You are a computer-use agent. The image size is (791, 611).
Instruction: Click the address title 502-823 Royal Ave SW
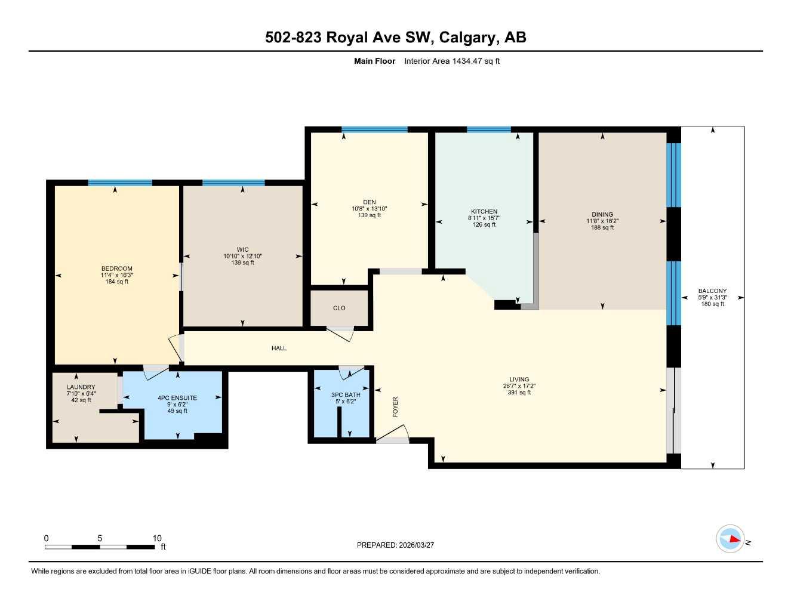[395, 38]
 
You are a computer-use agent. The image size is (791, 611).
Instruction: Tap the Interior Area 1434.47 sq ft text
[451, 61]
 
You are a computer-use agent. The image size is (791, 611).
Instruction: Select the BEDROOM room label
[117, 269]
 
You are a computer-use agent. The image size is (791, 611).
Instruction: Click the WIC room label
[242, 250]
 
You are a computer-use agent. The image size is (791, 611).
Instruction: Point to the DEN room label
[370, 202]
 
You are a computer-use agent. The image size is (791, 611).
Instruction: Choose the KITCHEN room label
[484, 212]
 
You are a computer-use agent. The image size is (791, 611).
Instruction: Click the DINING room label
[602, 215]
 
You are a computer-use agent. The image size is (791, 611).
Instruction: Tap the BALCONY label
[712, 291]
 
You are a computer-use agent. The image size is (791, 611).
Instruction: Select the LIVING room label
[519, 379]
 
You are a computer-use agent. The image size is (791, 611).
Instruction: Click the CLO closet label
[339, 308]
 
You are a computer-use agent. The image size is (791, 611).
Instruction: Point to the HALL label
[279, 348]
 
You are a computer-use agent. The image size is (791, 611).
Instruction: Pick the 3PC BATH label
[346, 395]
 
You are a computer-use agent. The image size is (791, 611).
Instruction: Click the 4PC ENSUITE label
[177, 398]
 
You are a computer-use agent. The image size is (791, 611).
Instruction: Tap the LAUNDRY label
[81, 387]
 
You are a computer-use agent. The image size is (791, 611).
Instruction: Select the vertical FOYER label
[395, 407]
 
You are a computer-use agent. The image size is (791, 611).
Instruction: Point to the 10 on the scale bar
[157, 538]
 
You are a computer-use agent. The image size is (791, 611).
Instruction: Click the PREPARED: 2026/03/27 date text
[395, 545]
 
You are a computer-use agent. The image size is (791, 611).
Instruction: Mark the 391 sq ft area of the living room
[519, 393]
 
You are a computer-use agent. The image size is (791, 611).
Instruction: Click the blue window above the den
[374, 129]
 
